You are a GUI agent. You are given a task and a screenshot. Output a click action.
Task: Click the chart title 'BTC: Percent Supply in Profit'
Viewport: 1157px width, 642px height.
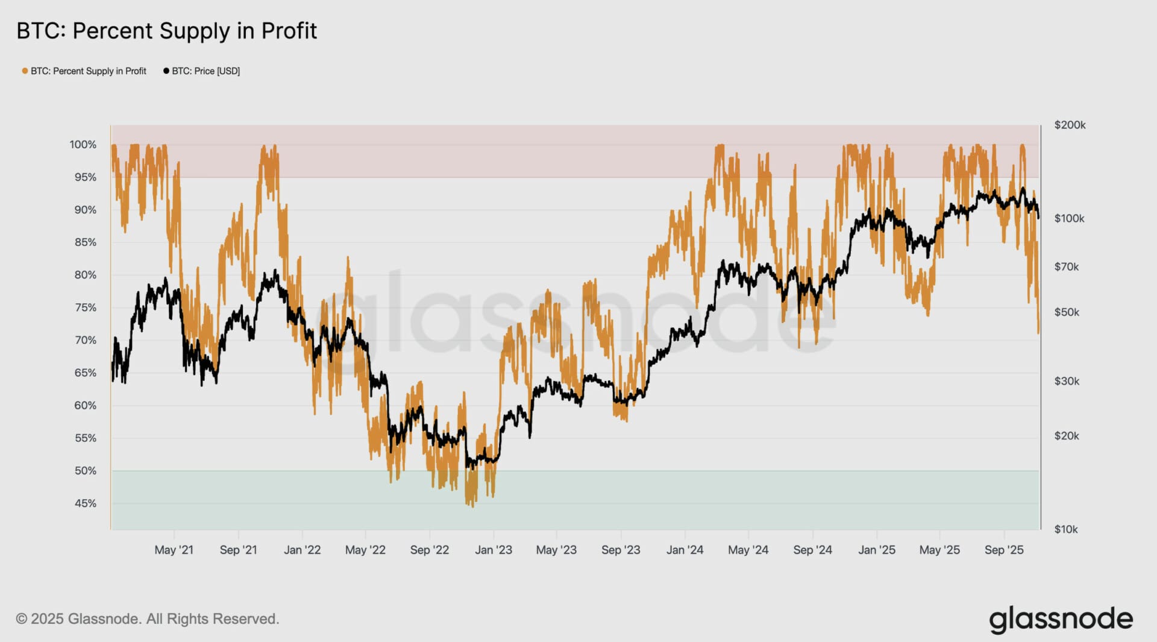(x=166, y=31)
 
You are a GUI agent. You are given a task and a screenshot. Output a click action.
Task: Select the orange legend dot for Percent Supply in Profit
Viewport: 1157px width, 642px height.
(x=25, y=71)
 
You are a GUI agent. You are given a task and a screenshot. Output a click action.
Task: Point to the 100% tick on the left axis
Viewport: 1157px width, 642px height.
(x=83, y=145)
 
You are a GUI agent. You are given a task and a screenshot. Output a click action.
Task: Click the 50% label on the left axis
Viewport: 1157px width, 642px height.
(x=85, y=471)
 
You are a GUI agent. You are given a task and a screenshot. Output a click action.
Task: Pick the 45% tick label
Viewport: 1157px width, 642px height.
(x=85, y=503)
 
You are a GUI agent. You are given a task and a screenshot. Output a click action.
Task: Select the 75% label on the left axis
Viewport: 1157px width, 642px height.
(x=85, y=307)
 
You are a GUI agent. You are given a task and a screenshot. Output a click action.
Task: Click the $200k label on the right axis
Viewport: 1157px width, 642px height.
(x=1070, y=125)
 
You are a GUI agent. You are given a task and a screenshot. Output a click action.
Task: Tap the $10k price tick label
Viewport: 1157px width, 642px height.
(x=1066, y=529)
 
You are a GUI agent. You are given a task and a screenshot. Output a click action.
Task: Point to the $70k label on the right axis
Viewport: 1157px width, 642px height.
(x=1066, y=266)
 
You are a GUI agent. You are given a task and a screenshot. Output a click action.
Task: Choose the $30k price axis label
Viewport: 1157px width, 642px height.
(x=1066, y=381)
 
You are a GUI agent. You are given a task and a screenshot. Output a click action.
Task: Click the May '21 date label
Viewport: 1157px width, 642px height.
(x=174, y=550)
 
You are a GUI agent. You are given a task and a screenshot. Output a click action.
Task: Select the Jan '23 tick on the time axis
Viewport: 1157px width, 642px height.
(x=493, y=550)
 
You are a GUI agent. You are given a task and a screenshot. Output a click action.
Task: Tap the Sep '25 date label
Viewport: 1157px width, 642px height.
(x=1004, y=550)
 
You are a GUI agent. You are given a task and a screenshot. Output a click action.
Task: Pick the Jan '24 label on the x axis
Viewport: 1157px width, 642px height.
(x=685, y=550)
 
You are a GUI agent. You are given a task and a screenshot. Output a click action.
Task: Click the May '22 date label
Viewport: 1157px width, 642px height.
(x=365, y=550)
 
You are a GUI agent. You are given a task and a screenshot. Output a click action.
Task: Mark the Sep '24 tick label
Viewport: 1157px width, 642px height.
(x=812, y=550)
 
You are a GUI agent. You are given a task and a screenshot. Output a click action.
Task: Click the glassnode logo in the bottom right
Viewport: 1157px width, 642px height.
(x=1061, y=619)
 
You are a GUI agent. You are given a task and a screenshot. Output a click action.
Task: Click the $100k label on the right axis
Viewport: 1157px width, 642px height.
(x=1069, y=218)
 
